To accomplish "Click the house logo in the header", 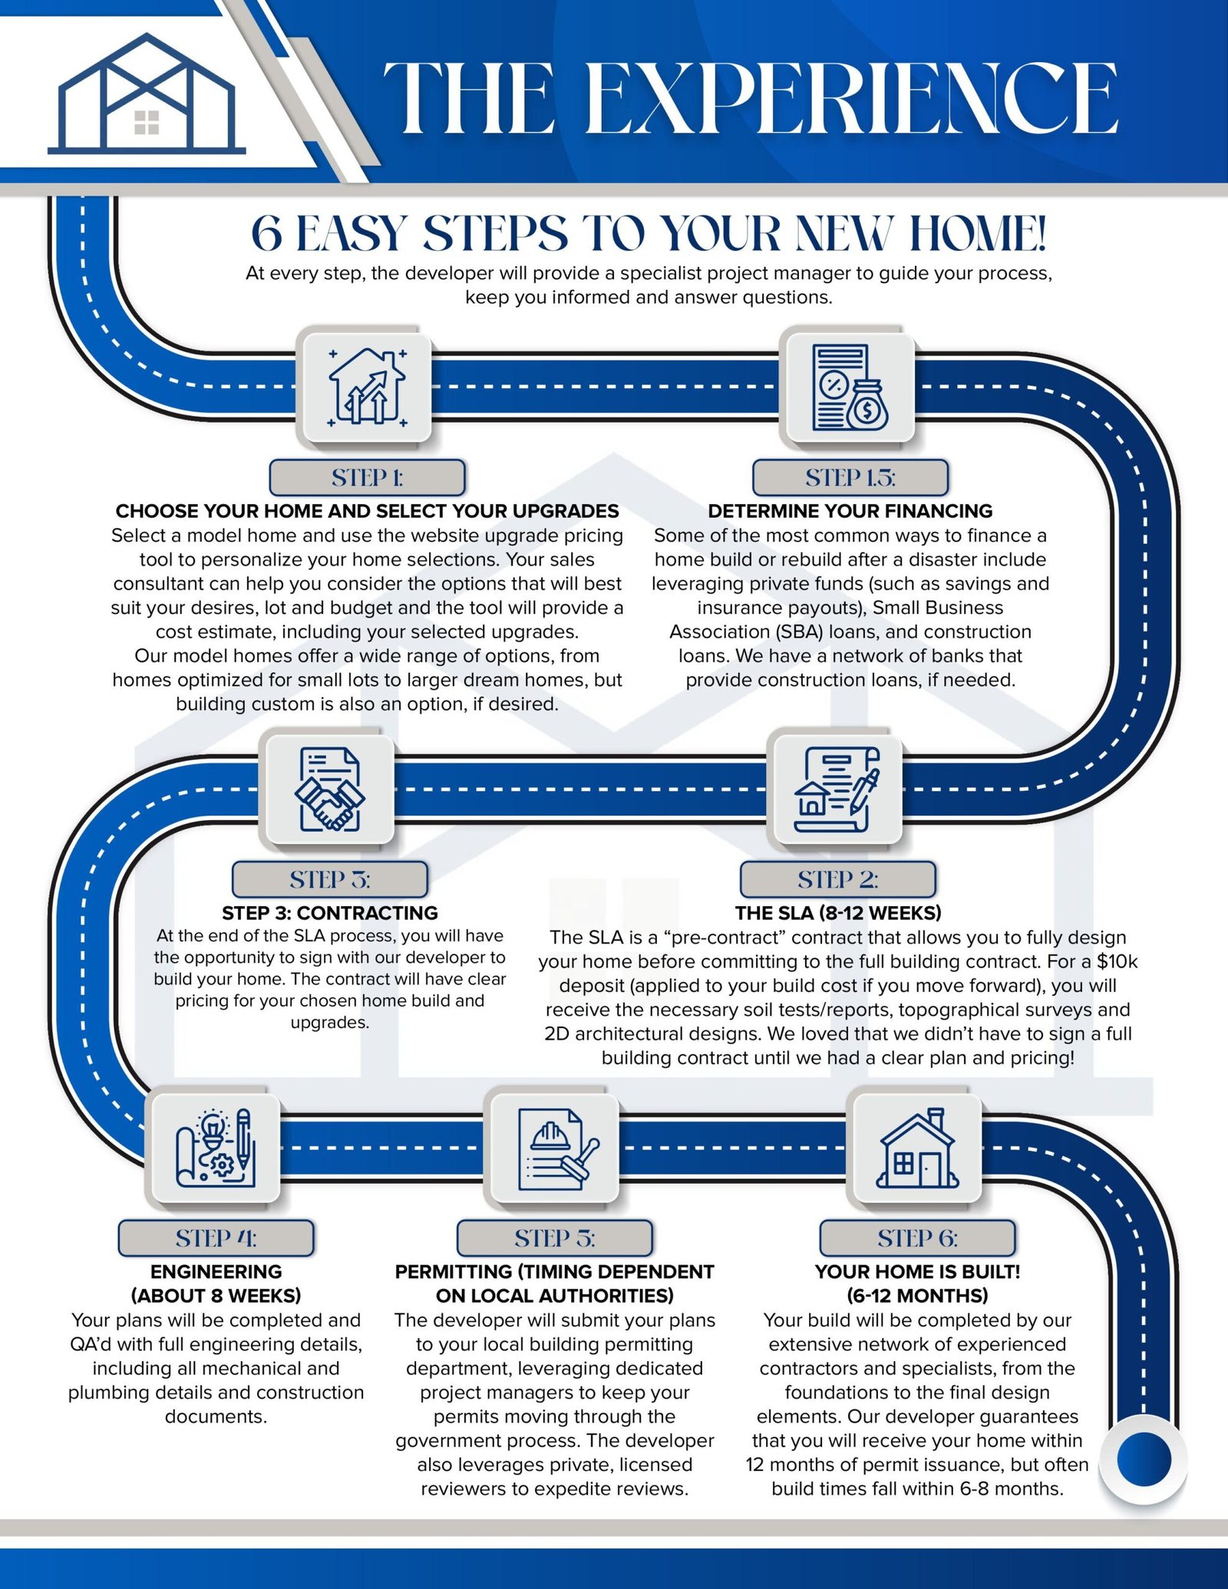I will [x=147, y=95].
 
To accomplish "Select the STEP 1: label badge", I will [x=367, y=477].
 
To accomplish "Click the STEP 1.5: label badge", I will [x=850, y=477].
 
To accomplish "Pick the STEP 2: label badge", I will [x=837, y=879].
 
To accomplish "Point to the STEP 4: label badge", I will [x=216, y=1238].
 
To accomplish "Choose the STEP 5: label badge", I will [x=554, y=1238].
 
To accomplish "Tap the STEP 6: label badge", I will [x=917, y=1238].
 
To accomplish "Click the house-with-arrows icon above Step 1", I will [x=367, y=387].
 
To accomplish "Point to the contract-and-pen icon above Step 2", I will [x=837, y=790].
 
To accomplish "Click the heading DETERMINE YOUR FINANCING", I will [x=850, y=511].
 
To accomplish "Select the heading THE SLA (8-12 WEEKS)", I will [x=837, y=913].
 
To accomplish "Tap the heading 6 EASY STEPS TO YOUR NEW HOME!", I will [x=649, y=233].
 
